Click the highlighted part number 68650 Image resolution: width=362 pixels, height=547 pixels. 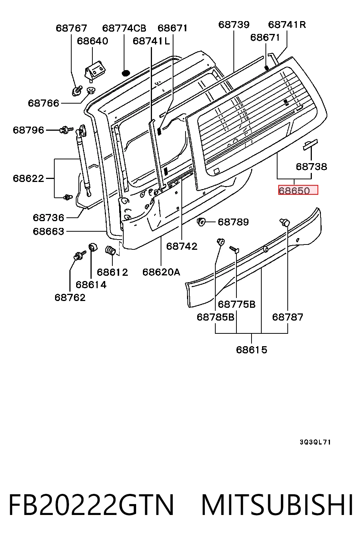point(294,191)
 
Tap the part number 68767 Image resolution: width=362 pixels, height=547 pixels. point(71,28)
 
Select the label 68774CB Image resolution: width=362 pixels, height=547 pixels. point(124,28)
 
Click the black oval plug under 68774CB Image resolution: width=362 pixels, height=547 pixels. point(126,73)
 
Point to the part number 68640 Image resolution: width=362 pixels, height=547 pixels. point(92,41)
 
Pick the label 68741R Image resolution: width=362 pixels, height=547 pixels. point(287,24)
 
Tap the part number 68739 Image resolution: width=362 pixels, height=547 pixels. point(234,24)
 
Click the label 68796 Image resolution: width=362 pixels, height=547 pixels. point(29,130)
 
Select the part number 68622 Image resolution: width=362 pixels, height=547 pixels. point(29,179)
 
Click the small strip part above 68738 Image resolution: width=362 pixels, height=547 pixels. point(310,145)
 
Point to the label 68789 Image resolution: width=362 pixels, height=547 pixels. point(233,222)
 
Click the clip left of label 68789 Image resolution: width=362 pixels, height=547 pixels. point(201,222)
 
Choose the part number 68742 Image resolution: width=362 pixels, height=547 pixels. point(182,246)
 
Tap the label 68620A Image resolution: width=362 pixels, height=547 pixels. point(161,272)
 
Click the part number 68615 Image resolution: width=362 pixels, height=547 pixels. point(252,350)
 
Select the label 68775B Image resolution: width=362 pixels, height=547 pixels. point(236,304)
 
